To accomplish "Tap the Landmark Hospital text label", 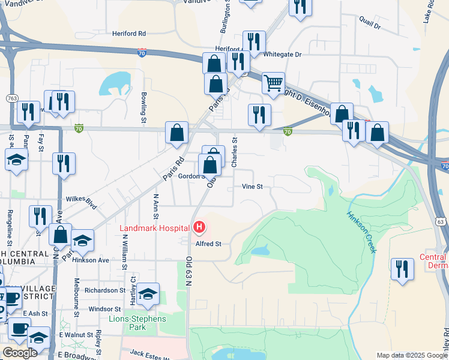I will (x=155, y=228).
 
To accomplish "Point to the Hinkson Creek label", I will (x=361, y=232).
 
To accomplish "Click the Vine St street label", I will (x=252, y=187).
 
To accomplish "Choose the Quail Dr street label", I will (x=369, y=26).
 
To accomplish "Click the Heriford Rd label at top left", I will (x=129, y=34).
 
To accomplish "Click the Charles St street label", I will (x=235, y=153).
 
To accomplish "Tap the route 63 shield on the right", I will (x=441, y=222).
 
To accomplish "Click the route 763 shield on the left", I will (x=11, y=98).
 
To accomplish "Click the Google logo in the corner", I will (x=20, y=353).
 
